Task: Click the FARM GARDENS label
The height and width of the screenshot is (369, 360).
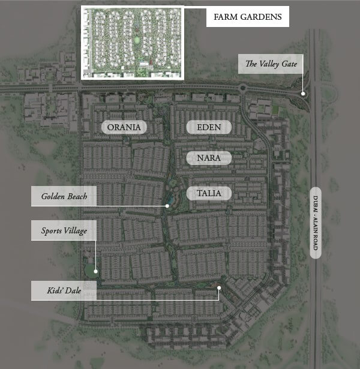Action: (247, 17)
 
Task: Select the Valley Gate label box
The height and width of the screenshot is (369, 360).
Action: (271, 64)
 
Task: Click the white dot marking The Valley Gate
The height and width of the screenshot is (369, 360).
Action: (304, 94)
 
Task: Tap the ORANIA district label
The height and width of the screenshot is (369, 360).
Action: (124, 127)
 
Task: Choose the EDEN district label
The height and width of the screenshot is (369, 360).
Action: (208, 127)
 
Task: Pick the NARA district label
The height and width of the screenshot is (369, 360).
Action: (208, 158)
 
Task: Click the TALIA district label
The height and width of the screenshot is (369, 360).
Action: (208, 193)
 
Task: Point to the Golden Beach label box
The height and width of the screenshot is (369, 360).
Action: (64, 196)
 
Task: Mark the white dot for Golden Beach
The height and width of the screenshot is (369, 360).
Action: (167, 206)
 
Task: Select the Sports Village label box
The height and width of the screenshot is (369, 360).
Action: (64, 230)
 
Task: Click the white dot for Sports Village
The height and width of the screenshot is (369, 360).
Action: (95, 272)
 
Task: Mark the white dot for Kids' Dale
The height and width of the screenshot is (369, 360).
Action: (220, 288)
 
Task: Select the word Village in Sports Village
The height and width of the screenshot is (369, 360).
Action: (76, 230)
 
